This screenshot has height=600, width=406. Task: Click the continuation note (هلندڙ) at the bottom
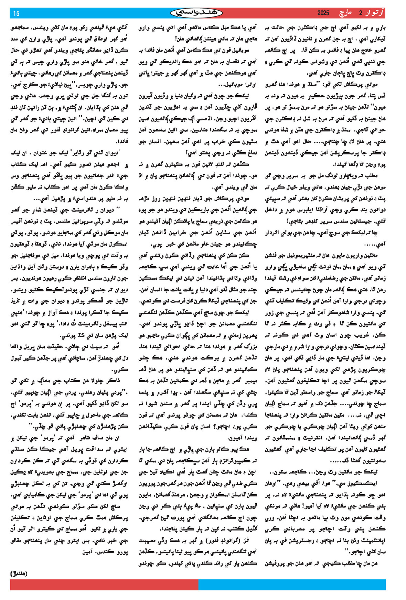[19, 573]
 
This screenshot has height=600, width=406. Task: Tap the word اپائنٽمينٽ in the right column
[370, 540]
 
